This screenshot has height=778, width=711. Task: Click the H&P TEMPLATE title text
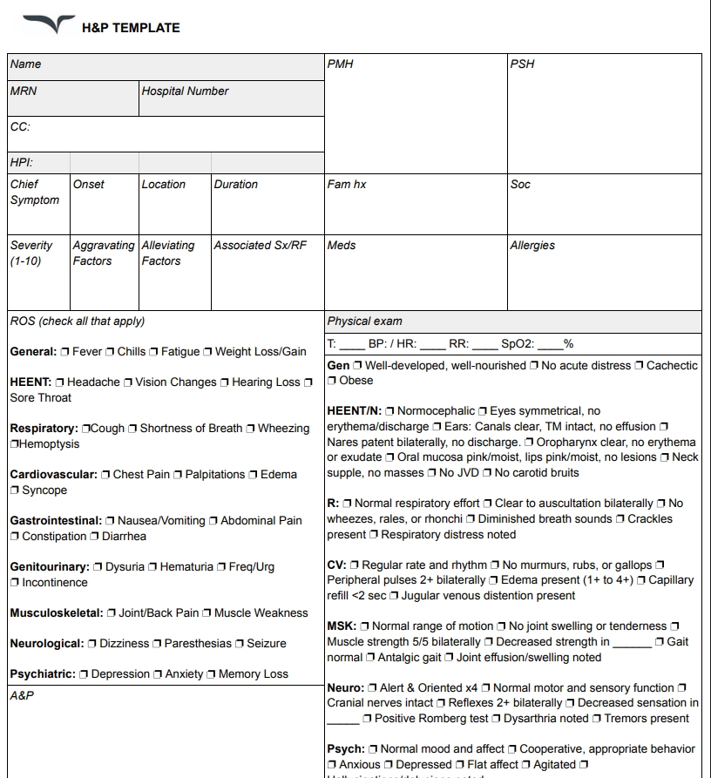[131, 28]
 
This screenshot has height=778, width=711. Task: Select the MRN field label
[24, 91]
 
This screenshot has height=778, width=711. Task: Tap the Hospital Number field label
[185, 91]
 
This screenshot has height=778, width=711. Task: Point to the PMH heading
[340, 64]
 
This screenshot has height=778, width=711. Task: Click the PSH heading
[522, 64]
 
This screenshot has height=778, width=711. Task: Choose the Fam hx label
[346, 185]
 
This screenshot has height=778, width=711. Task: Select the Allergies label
[532, 246]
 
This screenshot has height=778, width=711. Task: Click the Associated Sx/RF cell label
[261, 246]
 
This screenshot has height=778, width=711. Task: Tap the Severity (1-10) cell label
[31, 253]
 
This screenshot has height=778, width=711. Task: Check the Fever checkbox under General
[65, 352]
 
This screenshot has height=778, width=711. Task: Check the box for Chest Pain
[105, 475]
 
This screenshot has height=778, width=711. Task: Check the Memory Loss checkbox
[211, 674]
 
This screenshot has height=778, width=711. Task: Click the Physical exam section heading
[364, 321]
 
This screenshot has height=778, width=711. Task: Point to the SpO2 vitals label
[518, 344]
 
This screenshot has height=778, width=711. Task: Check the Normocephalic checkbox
[390, 411]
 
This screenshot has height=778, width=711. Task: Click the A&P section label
[22, 696]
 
